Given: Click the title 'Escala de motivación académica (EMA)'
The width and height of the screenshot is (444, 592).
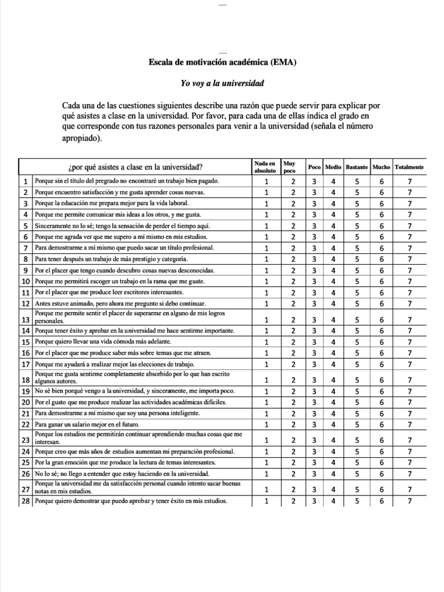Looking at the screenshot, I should [222, 62].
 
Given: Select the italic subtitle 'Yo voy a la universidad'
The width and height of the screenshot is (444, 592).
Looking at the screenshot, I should [222, 83].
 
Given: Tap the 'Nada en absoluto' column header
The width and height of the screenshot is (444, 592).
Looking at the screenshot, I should [265, 167].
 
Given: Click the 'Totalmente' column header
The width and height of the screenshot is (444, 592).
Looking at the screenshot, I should [409, 167].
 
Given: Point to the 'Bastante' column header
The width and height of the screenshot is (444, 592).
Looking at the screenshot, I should [357, 167].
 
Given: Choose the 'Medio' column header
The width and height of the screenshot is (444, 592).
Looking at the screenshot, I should [333, 167].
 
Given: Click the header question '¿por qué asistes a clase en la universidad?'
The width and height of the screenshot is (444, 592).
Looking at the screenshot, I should [135, 168].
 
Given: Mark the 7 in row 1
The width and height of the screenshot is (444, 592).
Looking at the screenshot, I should [409, 181].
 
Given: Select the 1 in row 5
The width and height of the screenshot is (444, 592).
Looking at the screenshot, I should [267, 225].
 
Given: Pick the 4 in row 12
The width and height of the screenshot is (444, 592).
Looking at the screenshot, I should [333, 304].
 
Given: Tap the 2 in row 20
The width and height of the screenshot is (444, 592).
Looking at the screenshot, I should [293, 402].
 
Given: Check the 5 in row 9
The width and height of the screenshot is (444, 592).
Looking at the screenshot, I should [357, 270].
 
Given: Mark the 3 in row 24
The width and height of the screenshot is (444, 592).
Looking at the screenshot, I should [314, 452].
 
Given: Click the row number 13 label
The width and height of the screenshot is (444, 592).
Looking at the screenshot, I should [25, 320].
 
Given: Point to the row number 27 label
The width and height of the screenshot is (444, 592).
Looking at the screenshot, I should [25, 489].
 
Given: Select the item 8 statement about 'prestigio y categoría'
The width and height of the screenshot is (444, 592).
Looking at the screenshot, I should [110, 259].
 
